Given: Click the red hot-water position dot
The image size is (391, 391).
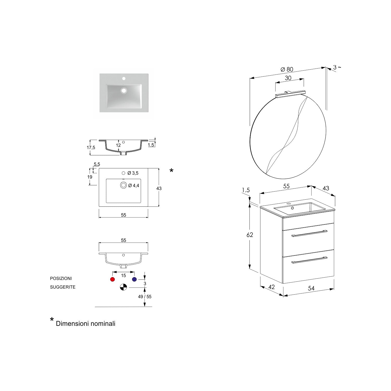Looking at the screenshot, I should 113,279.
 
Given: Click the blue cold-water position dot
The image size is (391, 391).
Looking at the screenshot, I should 134,279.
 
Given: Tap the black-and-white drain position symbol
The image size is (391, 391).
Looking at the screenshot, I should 123,287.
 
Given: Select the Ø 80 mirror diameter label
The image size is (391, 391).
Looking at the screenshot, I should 287,69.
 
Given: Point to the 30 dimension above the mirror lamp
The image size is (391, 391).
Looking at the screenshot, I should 288,78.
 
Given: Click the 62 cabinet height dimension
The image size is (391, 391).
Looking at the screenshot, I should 250,235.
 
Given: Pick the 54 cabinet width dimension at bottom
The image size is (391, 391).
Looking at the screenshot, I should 311,288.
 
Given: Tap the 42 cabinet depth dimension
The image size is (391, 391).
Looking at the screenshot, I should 271,287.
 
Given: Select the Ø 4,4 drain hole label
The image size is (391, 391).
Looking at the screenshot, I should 133,185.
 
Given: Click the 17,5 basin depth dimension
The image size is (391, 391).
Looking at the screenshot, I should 91,148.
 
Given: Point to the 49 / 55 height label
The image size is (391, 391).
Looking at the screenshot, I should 145,297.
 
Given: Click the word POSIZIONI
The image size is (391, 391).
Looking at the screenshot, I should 61,279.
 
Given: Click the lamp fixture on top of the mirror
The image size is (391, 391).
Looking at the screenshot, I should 290,94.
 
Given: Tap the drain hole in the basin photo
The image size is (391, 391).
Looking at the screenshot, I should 123,90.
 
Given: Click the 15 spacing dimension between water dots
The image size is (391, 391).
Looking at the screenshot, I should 123,276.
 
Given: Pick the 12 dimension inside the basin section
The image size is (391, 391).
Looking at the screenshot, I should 118,145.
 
